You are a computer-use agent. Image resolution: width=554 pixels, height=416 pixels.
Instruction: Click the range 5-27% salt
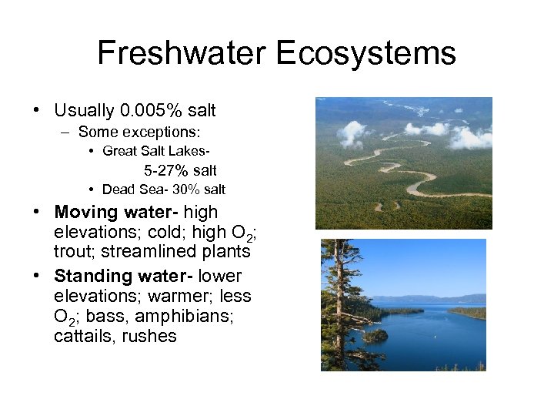coord(180,170)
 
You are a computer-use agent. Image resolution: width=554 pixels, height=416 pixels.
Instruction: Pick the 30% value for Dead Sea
coord(181,190)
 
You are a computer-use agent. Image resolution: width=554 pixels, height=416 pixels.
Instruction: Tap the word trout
coord(72,251)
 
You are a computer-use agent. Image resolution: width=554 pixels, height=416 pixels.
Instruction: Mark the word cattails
coord(81,336)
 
